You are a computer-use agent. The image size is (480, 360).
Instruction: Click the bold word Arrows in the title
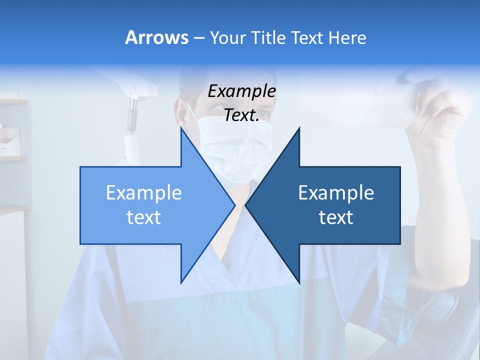pos(156,37)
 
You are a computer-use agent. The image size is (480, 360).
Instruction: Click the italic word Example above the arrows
pos(241,91)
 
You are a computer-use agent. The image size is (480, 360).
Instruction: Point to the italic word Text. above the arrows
pos(241,115)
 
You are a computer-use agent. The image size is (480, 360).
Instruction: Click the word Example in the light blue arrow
pos(144,193)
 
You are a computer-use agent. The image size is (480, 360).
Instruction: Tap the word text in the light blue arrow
pos(144,217)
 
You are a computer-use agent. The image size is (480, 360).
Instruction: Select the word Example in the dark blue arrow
pos(336,193)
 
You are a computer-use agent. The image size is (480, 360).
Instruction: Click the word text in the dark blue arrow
pos(336,217)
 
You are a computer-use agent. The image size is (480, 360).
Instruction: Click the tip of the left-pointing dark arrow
pos(246,205)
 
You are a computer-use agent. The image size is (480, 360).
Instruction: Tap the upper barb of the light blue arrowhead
pos(182,131)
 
